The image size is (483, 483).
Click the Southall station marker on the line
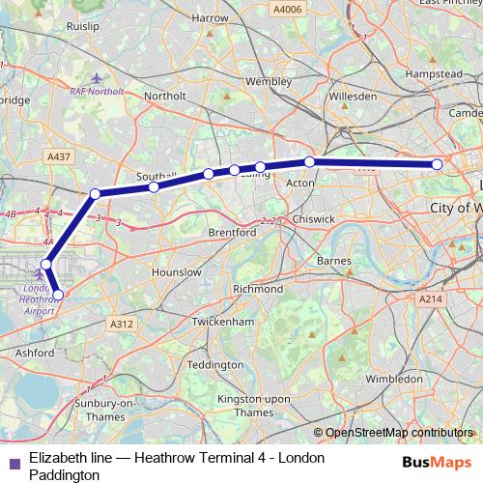coord(154,186)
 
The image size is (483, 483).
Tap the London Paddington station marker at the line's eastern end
coord(437,164)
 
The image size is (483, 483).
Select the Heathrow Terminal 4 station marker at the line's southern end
coord(58,295)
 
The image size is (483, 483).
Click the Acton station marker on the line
coord(309,161)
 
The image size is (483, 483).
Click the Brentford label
coord(232,233)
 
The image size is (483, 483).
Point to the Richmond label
coord(258,289)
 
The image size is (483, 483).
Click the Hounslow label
coord(178,272)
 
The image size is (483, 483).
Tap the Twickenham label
coord(227,321)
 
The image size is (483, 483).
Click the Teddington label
coord(215,365)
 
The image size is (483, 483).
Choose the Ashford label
coord(35,354)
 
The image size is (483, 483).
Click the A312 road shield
coord(121,325)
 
